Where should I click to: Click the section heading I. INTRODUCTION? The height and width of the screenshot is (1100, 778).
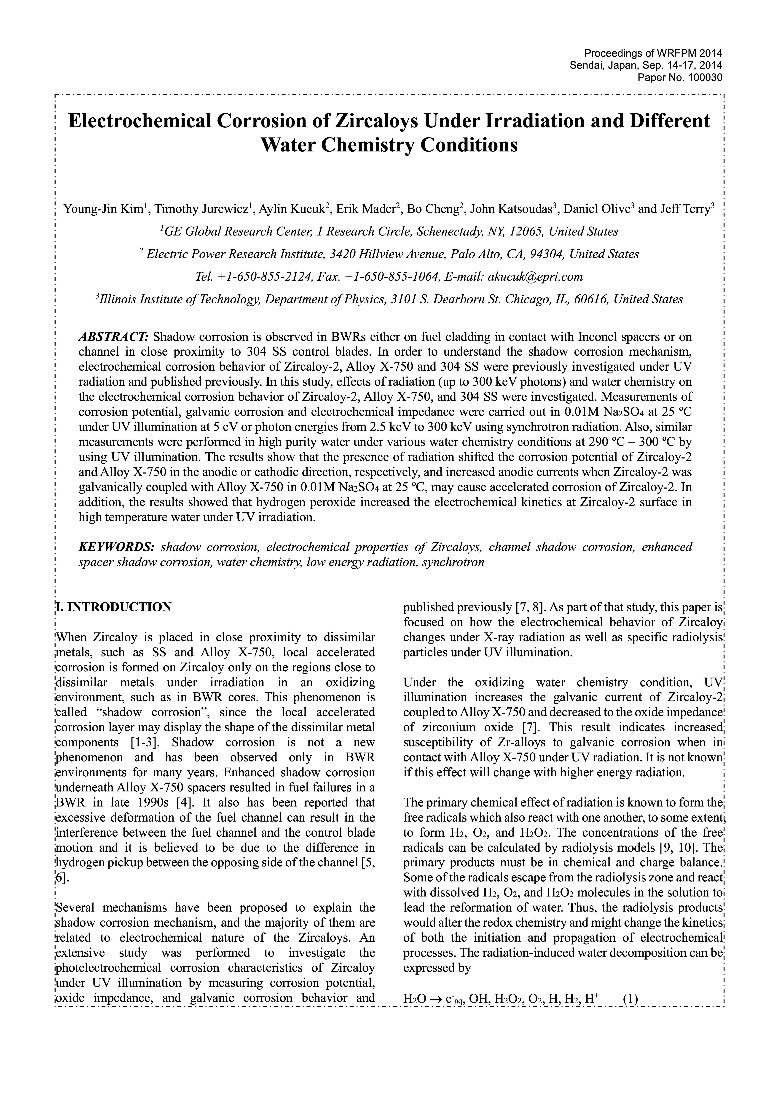pyautogui.click(x=114, y=607)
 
